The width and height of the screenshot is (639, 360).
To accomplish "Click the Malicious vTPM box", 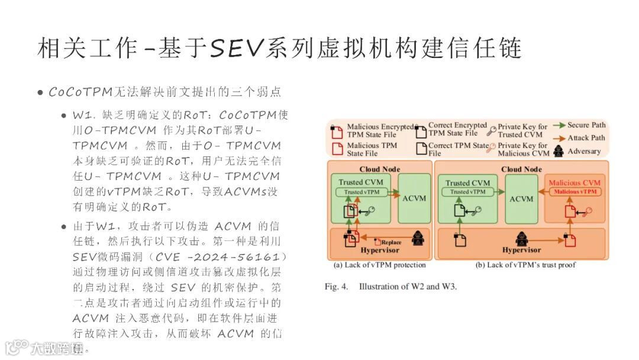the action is [x=575, y=192].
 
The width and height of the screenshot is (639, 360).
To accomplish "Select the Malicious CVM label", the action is [x=574, y=183].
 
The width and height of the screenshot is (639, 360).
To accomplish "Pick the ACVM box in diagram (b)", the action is [x=521, y=199].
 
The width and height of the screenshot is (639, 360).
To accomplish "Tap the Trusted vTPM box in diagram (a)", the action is [x=362, y=192].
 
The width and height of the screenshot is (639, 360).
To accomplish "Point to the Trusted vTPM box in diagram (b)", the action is [x=468, y=192].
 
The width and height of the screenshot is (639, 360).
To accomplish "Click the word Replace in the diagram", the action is [x=391, y=242].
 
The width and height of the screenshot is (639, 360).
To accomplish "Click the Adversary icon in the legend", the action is [x=558, y=151].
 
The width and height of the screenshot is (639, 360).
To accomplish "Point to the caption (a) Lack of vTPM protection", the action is [x=379, y=265].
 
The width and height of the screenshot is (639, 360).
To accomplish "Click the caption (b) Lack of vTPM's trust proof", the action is [x=525, y=265].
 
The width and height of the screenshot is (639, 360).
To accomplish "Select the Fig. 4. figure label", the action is [x=337, y=287].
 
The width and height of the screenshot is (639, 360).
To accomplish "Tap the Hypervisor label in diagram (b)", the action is [x=521, y=250].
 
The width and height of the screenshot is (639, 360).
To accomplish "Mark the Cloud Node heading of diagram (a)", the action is [x=379, y=169].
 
